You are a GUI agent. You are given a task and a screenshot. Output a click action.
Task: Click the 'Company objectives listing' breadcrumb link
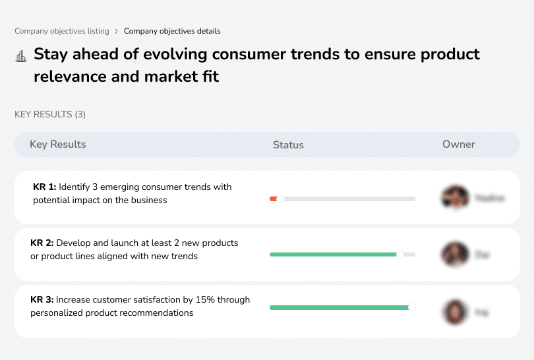click(x=61, y=31)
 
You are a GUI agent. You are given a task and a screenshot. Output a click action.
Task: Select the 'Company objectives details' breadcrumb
click(x=172, y=31)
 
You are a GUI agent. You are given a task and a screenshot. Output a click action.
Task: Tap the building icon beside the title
click(x=20, y=56)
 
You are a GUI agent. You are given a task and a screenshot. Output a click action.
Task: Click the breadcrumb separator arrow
click(x=116, y=31)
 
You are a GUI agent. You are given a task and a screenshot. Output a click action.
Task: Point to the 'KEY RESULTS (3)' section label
click(x=50, y=115)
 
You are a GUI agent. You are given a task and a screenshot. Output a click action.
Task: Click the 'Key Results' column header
click(x=57, y=144)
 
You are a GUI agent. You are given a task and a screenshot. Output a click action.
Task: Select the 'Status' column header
click(x=288, y=145)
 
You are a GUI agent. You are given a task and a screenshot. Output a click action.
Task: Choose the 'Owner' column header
click(x=458, y=144)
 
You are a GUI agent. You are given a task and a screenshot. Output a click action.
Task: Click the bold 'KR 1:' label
click(x=44, y=187)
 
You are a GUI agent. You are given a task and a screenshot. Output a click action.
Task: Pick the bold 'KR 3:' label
click(x=42, y=300)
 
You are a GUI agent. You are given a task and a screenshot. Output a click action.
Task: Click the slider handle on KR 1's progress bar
click(x=280, y=198)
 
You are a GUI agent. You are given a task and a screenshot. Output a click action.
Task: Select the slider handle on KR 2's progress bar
click(x=400, y=255)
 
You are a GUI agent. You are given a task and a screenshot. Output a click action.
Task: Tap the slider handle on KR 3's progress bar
click(x=412, y=307)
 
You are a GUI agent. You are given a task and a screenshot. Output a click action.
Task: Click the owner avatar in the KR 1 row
click(x=454, y=197)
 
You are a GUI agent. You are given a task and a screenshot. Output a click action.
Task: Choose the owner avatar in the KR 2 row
click(x=454, y=254)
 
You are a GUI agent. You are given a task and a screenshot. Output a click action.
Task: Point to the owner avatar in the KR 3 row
click(x=454, y=311)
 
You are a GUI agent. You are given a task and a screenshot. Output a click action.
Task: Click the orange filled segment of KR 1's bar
click(x=273, y=198)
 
